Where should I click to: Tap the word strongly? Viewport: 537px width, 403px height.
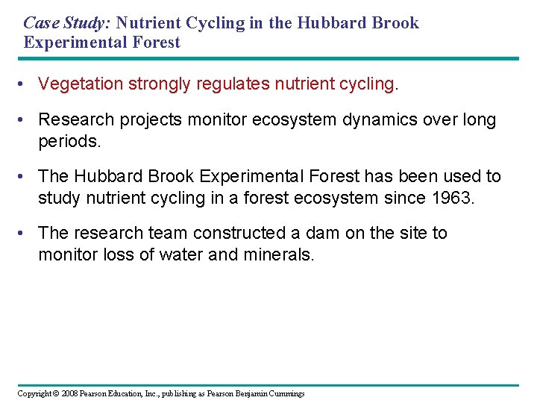click(x=159, y=84)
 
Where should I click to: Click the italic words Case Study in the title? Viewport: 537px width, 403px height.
click(x=66, y=23)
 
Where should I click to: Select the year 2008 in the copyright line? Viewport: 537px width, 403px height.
click(x=70, y=393)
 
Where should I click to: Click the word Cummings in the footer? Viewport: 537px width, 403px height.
click(x=284, y=393)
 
